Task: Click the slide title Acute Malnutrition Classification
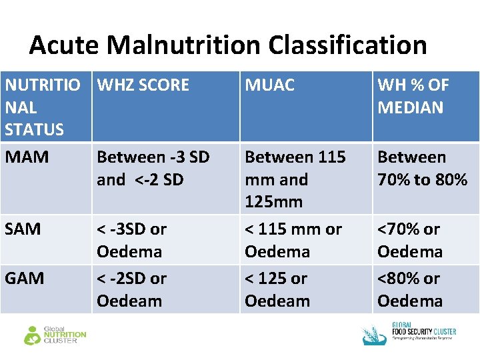pos(227,45)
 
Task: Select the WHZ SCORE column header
pos(143,85)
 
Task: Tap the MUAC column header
pos(270,85)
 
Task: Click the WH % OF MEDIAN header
pos(413,96)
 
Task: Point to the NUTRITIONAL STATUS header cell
pos(43,107)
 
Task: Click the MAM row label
pos(27,157)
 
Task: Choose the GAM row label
pos(25,278)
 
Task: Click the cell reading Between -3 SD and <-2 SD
pos(153,168)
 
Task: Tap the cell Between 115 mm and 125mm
pos(295,179)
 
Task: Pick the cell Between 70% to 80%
pos(422,168)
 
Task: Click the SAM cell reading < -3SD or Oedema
pos(131,240)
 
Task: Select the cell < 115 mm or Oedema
pos(293,240)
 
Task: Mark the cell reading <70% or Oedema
pos(409,240)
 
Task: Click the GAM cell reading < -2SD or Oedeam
pos(131,289)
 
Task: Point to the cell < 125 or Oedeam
pos(277,289)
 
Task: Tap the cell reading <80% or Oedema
pos(409,289)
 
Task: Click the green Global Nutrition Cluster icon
pos(32,335)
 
